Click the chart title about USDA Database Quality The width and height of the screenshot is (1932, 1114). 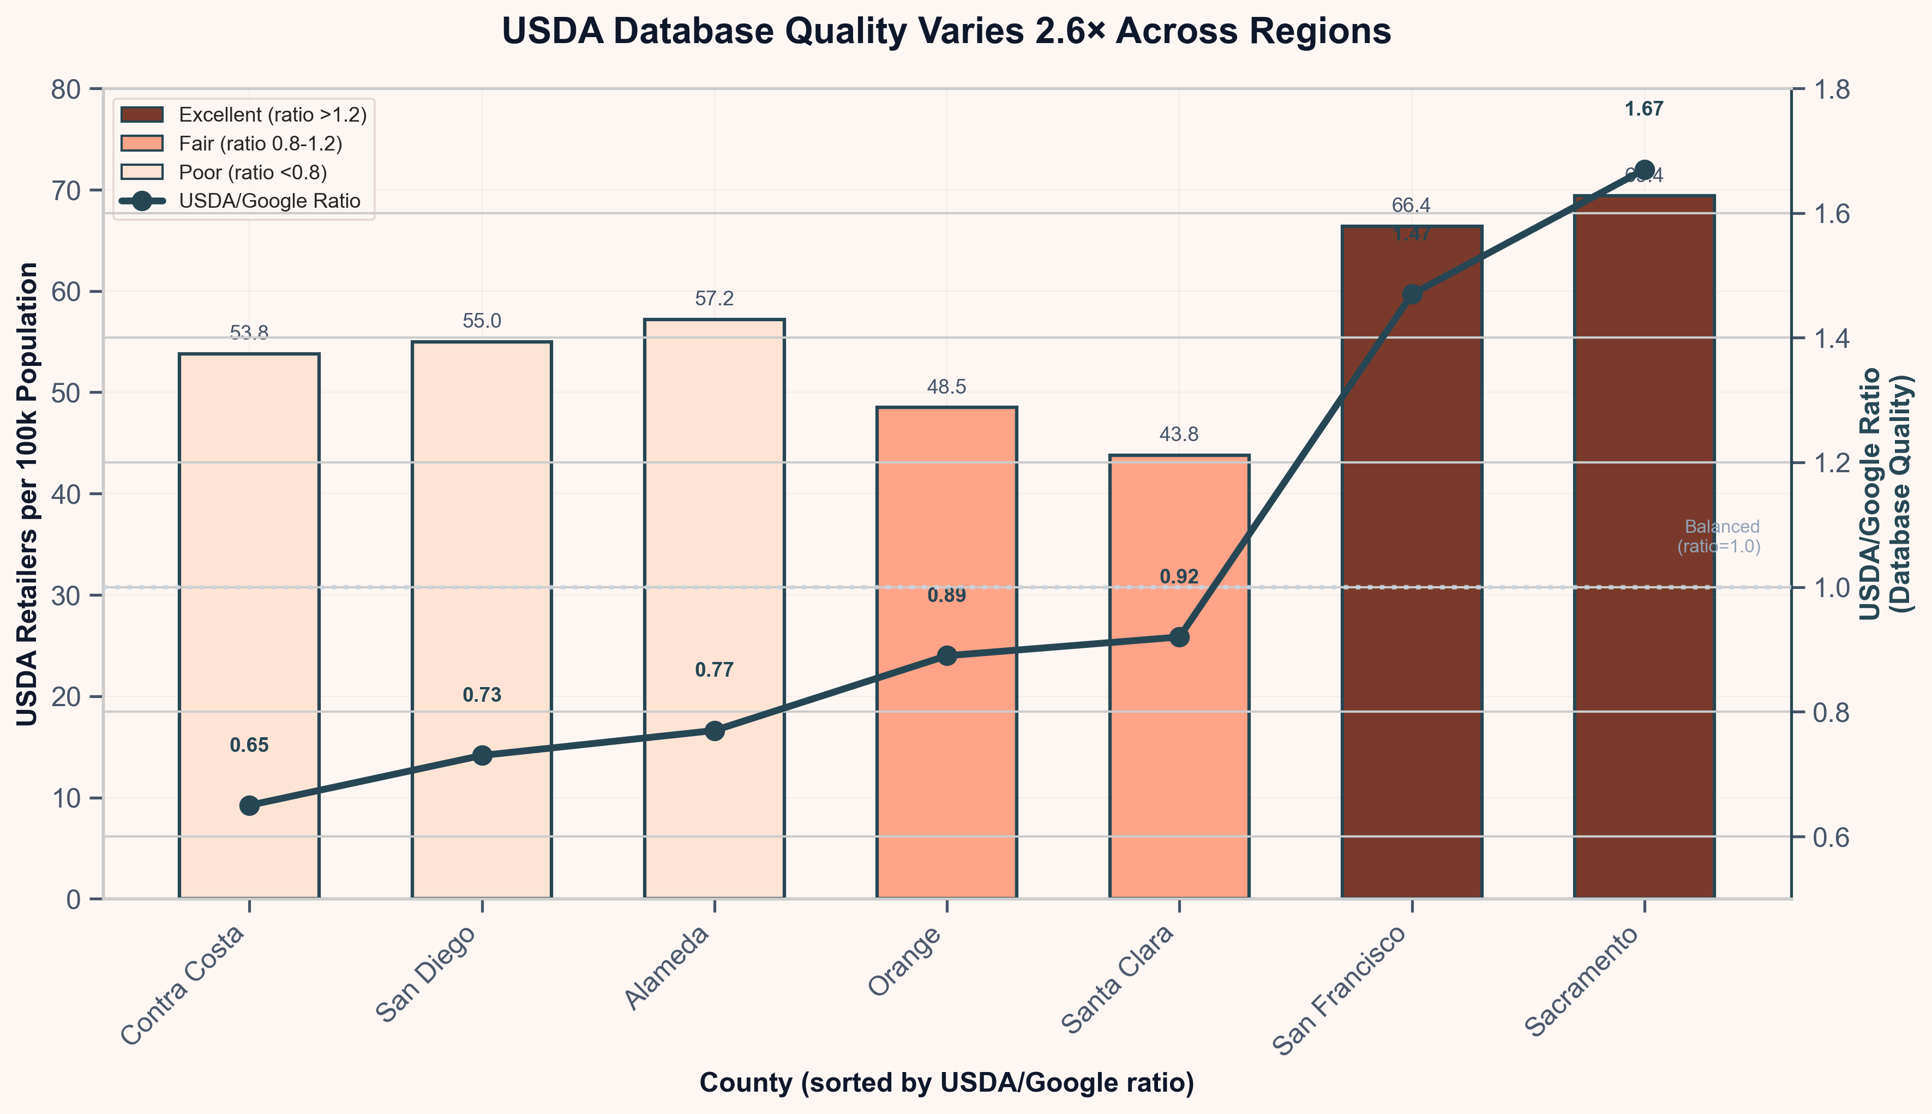point(946,32)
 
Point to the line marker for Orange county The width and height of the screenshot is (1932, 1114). point(946,656)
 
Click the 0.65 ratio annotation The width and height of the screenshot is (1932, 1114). point(249,745)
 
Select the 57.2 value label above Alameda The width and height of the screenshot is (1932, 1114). point(714,299)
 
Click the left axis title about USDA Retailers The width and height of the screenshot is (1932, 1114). point(27,494)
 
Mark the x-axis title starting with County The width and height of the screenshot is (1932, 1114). point(946,1082)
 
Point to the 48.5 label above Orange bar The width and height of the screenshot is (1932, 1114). point(946,387)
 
